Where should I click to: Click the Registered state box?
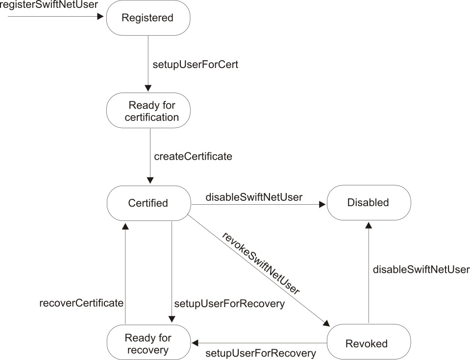[x=148, y=18]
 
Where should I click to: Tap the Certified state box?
[x=148, y=203]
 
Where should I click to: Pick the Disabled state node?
[x=369, y=203]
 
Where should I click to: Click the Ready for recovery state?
[x=148, y=343]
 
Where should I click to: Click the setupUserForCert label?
[x=196, y=64]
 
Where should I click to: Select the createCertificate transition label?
[x=193, y=157]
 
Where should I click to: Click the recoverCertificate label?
[x=81, y=303]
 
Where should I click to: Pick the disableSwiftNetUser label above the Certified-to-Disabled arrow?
[x=254, y=197]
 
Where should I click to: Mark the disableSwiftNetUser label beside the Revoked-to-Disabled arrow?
[x=421, y=269]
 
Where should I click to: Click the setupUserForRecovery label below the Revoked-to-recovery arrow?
[x=260, y=353]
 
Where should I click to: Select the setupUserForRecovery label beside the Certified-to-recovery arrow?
[x=229, y=304]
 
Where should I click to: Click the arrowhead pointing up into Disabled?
[x=369, y=225]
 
